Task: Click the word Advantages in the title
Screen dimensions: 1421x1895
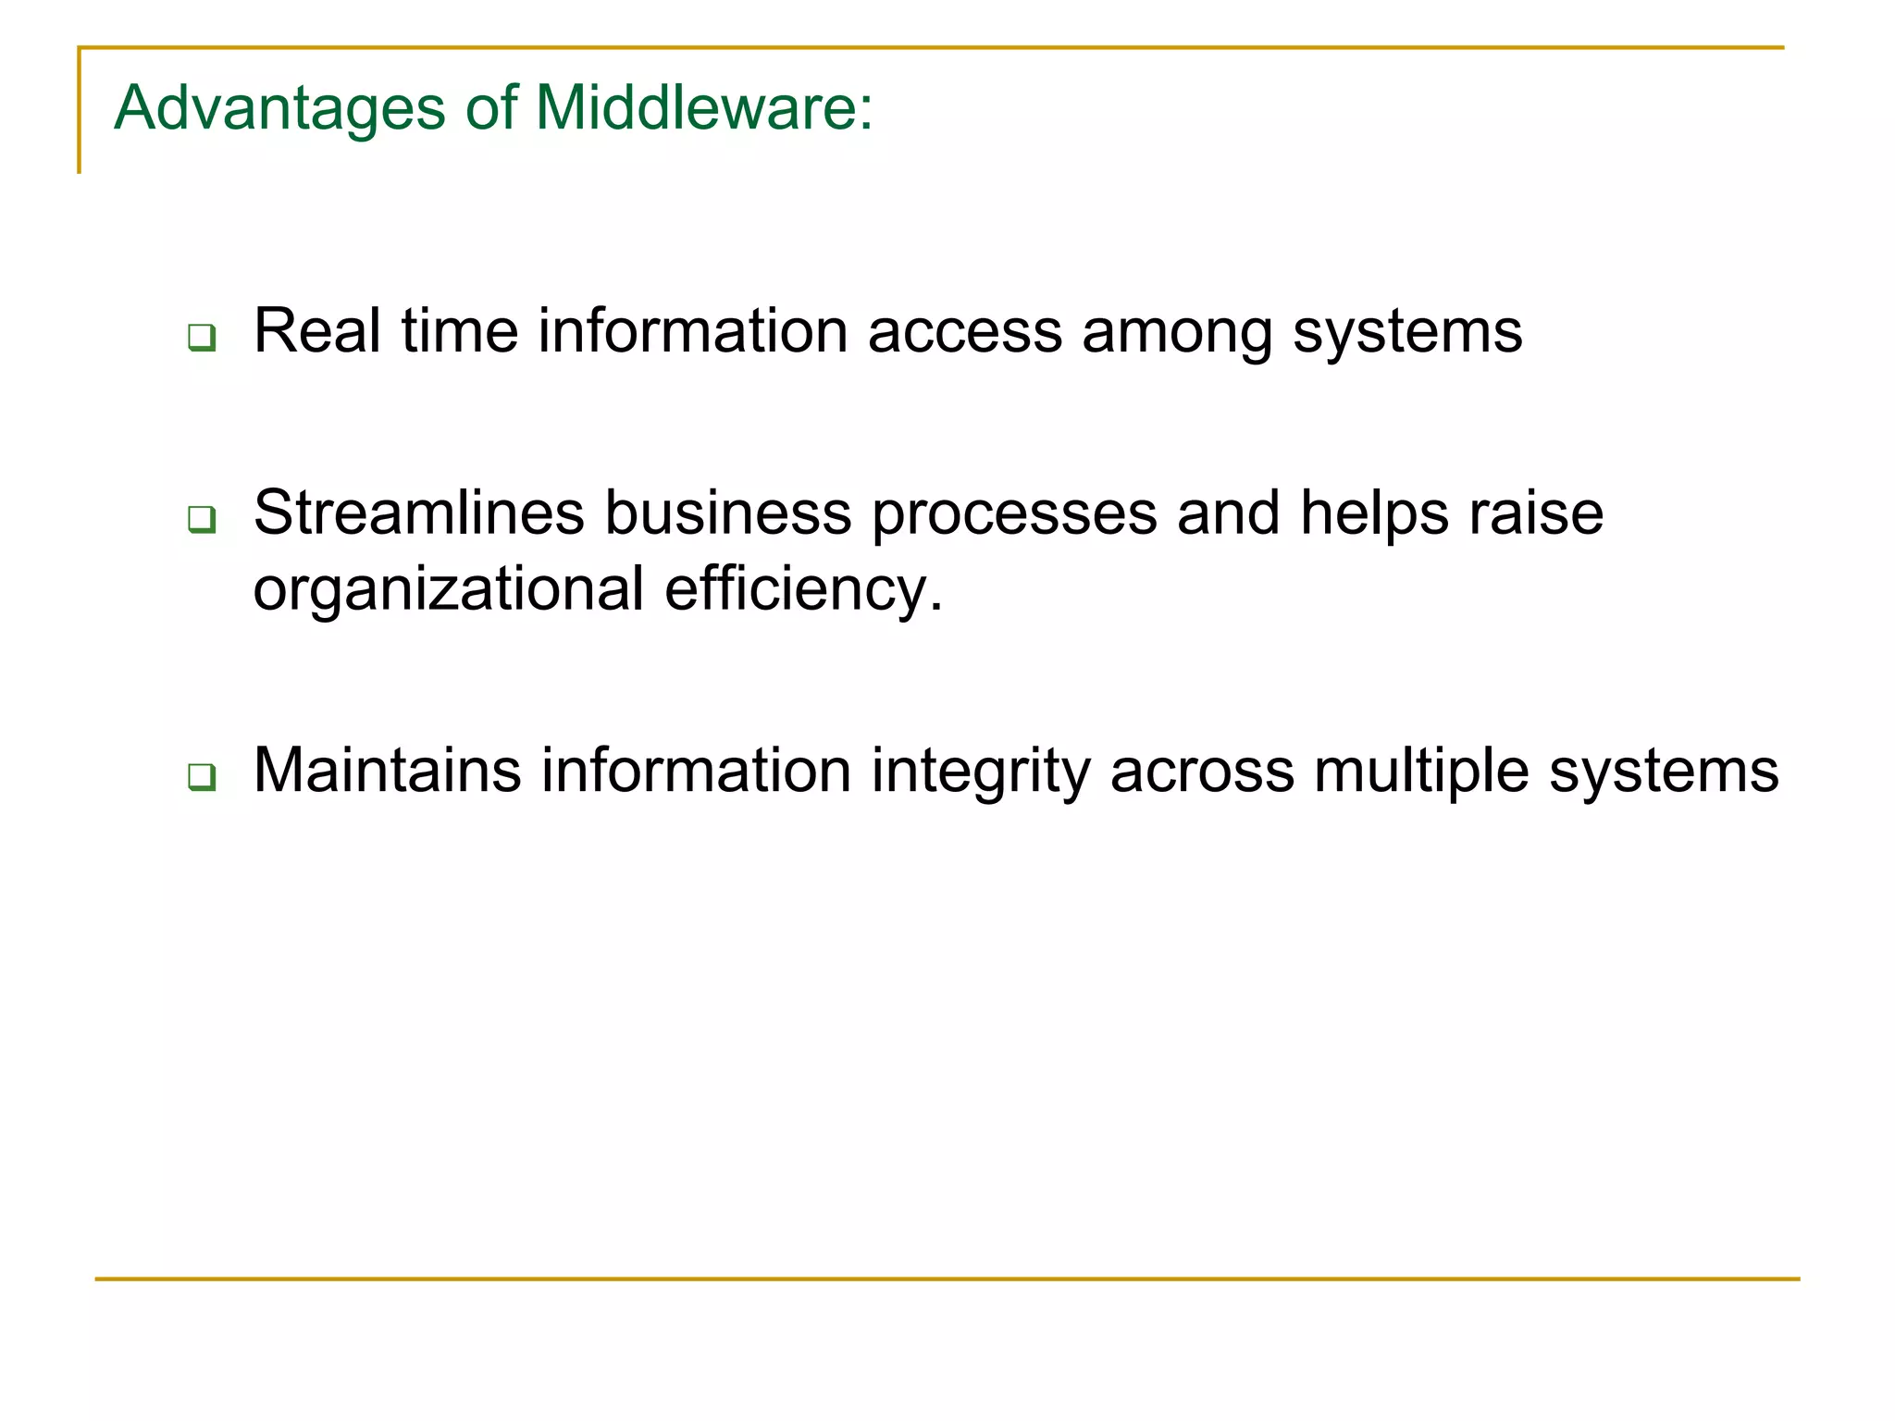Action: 279,109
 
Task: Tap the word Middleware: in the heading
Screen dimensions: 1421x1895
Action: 703,107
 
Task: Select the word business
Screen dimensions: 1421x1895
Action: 727,513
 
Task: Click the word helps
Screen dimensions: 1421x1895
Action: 1373,514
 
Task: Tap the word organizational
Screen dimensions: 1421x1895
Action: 449,590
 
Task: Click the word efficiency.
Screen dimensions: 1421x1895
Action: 803,590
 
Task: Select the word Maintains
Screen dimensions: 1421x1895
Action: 387,770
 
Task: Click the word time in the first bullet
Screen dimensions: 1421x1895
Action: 459,330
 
